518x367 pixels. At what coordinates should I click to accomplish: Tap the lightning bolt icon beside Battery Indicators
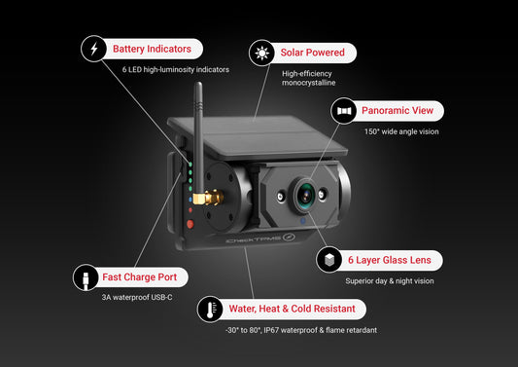93,49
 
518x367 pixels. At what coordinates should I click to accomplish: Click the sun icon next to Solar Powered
260,52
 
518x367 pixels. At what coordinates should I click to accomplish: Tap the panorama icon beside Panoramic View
345,112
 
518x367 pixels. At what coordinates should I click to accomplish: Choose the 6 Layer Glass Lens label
388,260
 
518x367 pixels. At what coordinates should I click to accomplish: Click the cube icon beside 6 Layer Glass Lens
329,260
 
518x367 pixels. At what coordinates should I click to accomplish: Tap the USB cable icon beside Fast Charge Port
86,277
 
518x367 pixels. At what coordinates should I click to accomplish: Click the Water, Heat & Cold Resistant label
291,310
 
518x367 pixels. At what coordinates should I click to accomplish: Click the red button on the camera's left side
189,223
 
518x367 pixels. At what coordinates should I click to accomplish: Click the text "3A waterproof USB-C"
138,297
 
